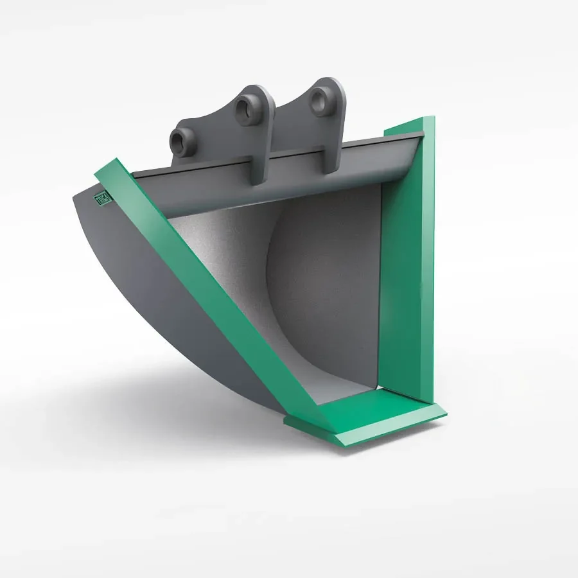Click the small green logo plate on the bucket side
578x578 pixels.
pyautogui.click(x=103, y=198)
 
